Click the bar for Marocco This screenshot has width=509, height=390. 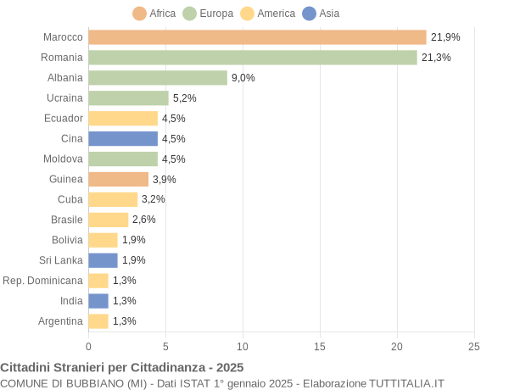pos(257,37)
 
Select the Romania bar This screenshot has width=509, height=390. pos(253,58)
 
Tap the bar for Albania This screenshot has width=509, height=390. pos(158,78)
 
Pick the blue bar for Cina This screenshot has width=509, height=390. pos(123,138)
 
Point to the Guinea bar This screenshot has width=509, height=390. pos(118,179)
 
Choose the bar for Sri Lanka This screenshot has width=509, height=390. pos(103,260)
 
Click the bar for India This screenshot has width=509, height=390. pos(98,301)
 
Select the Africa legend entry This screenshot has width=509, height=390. pos(154,14)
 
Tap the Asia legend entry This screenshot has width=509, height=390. pos(321,14)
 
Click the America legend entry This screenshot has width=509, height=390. pos(268,14)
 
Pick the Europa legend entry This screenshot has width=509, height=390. pos(208,14)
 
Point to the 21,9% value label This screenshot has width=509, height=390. pos(445,37)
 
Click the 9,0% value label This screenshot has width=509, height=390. pos(243,78)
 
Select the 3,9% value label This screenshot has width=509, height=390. pos(165,179)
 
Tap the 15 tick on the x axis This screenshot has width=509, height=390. pos(320,346)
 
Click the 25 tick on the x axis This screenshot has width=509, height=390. pos(474,346)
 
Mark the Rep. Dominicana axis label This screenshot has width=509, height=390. pos(42,281)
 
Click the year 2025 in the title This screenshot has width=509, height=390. pos(229,367)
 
